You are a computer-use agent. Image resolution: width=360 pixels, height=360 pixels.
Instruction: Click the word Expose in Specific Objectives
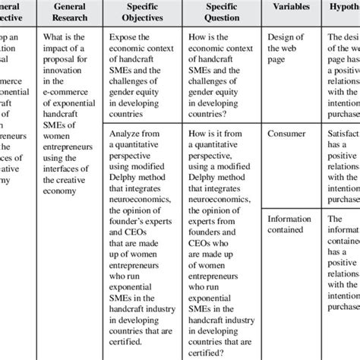126,36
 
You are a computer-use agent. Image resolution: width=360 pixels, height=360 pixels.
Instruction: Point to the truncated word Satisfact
340,132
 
